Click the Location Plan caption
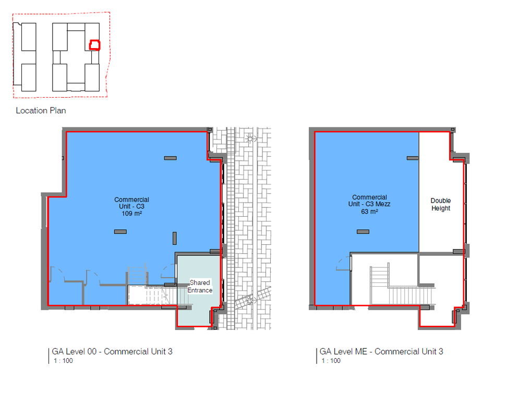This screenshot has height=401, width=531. pyautogui.click(x=41, y=111)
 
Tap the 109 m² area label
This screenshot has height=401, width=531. pyautogui.click(x=132, y=214)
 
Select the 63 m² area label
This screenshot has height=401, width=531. pyautogui.click(x=369, y=211)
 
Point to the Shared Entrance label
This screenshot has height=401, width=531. pyautogui.click(x=200, y=287)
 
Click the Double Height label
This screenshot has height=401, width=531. pyautogui.click(x=441, y=204)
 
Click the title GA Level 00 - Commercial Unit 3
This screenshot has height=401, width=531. pyautogui.click(x=112, y=351)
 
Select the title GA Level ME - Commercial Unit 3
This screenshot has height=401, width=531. pyautogui.click(x=381, y=351)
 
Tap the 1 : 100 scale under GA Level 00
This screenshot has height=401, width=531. pyautogui.click(x=63, y=361)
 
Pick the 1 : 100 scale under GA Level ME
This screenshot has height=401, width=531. pyautogui.click(x=331, y=361)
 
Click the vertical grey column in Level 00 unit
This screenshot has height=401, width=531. pyautogui.click(x=174, y=238)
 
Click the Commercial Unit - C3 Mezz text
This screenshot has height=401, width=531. pyautogui.click(x=369, y=200)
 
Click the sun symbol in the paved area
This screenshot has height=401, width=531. pyautogui.click(x=250, y=138)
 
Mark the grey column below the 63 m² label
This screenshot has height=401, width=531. pyautogui.click(x=363, y=232)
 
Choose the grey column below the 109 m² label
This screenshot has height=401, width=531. pyautogui.click(x=120, y=232)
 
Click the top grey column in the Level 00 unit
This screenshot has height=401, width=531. pyautogui.click(x=171, y=158)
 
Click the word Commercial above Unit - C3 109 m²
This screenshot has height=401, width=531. pyautogui.click(x=132, y=199)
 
